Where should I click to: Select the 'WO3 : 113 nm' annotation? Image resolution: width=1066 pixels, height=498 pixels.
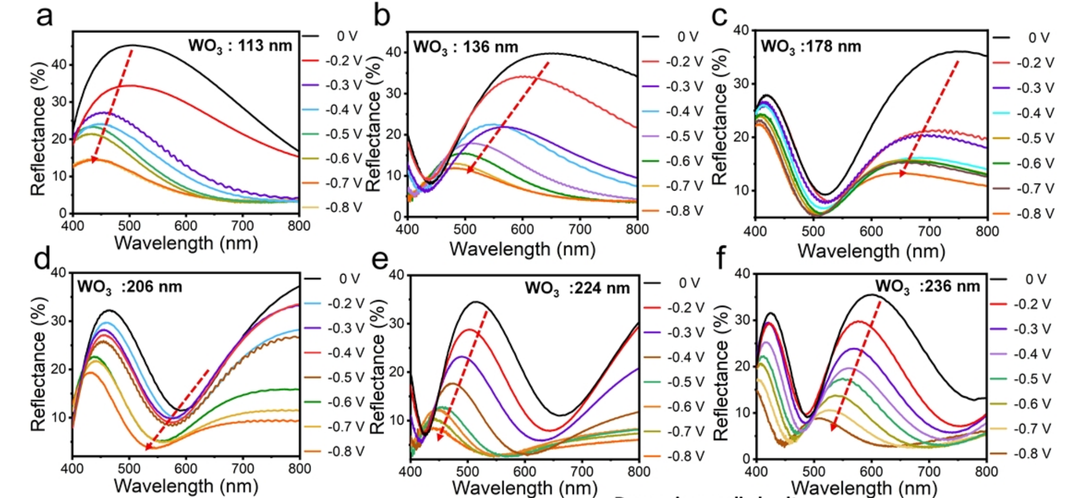click(240, 46)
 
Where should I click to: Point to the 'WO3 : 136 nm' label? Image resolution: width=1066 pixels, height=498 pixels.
click(466, 47)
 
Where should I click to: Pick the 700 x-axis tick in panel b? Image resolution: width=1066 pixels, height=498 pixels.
click(580, 230)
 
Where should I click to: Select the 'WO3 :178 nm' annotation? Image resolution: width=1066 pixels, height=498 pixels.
click(811, 47)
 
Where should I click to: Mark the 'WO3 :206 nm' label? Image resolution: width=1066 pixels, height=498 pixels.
click(130, 287)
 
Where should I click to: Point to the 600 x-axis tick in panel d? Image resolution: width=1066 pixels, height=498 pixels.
click(186, 469)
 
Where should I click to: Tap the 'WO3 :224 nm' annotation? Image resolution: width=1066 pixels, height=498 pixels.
click(577, 288)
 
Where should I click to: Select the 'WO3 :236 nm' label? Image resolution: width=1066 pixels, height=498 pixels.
click(927, 287)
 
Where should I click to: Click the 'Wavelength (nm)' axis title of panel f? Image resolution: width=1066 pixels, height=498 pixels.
click(864, 487)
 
